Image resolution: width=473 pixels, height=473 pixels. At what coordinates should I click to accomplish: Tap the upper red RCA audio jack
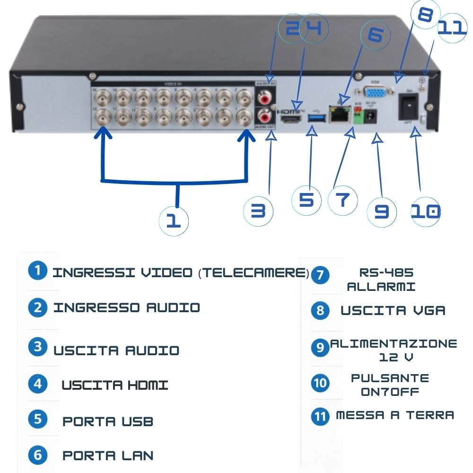[x=264, y=98]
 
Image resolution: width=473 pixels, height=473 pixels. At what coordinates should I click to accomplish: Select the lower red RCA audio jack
[x=264, y=116]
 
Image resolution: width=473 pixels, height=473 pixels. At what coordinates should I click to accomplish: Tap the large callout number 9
[x=382, y=211]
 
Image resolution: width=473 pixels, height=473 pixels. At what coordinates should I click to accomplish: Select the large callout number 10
[x=425, y=211]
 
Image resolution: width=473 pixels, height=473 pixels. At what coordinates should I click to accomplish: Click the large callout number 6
[x=376, y=35]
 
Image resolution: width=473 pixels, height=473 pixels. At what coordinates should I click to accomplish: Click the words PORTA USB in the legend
[x=107, y=421]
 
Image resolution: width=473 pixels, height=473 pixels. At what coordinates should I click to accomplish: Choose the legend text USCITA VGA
[x=393, y=311]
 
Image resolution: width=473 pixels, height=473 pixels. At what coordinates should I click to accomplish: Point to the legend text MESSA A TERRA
[x=395, y=415]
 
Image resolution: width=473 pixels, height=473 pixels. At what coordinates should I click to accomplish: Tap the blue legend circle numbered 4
[x=37, y=384]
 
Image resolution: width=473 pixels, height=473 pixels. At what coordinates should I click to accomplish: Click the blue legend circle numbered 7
[x=320, y=275]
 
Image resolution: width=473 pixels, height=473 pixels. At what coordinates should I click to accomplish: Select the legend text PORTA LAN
[x=107, y=455]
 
